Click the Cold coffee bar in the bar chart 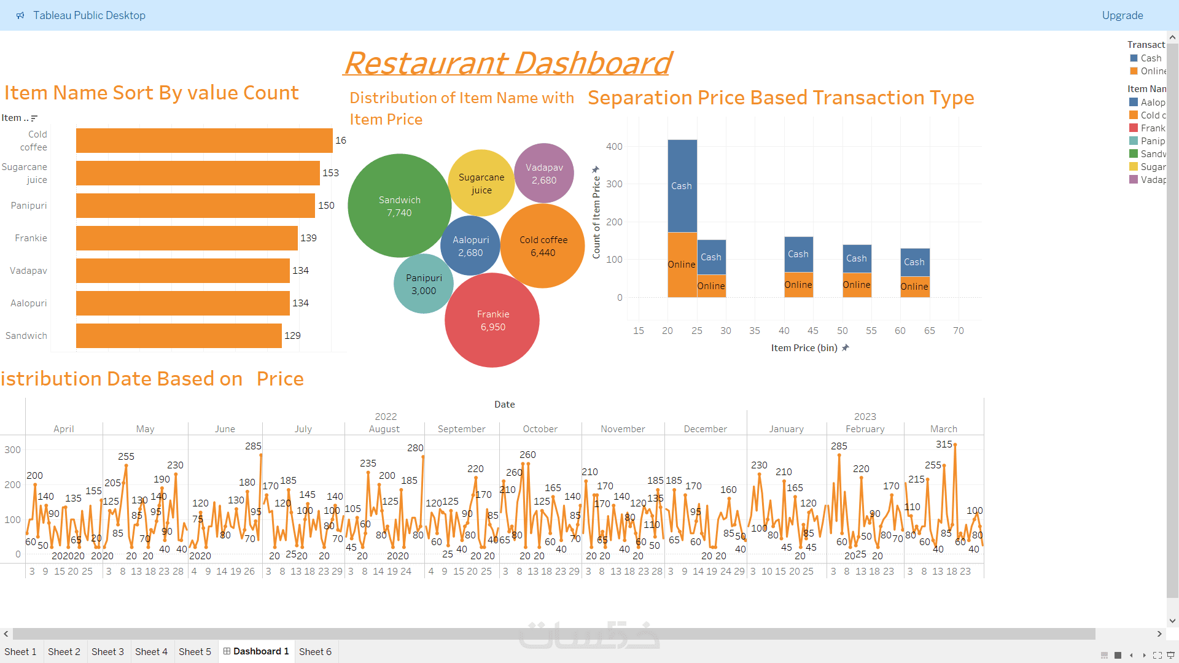(x=204, y=141)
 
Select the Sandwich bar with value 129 (x=179, y=336)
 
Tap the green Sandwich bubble (x=399, y=206)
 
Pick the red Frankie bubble (x=492, y=320)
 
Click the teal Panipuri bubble (x=424, y=284)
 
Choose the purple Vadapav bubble (x=544, y=173)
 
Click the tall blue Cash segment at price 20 (x=682, y=185)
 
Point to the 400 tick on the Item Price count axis (x=614, y=147)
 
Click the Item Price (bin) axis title (x=804, y=348)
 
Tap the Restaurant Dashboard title (x=507, y=63)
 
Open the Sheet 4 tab (x=151, y=652)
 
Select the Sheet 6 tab (x=315, y=652)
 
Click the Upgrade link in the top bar (x=1122, y=15)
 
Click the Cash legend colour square (x=1134, y=58)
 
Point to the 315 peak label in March (x=944, y=444)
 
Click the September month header (x=461, y=429)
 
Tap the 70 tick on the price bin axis (x=958, y=331)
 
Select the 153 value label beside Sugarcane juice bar (x=330, y=173)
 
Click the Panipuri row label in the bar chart (x=29, y=206)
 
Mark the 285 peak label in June (x=253, y=446)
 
